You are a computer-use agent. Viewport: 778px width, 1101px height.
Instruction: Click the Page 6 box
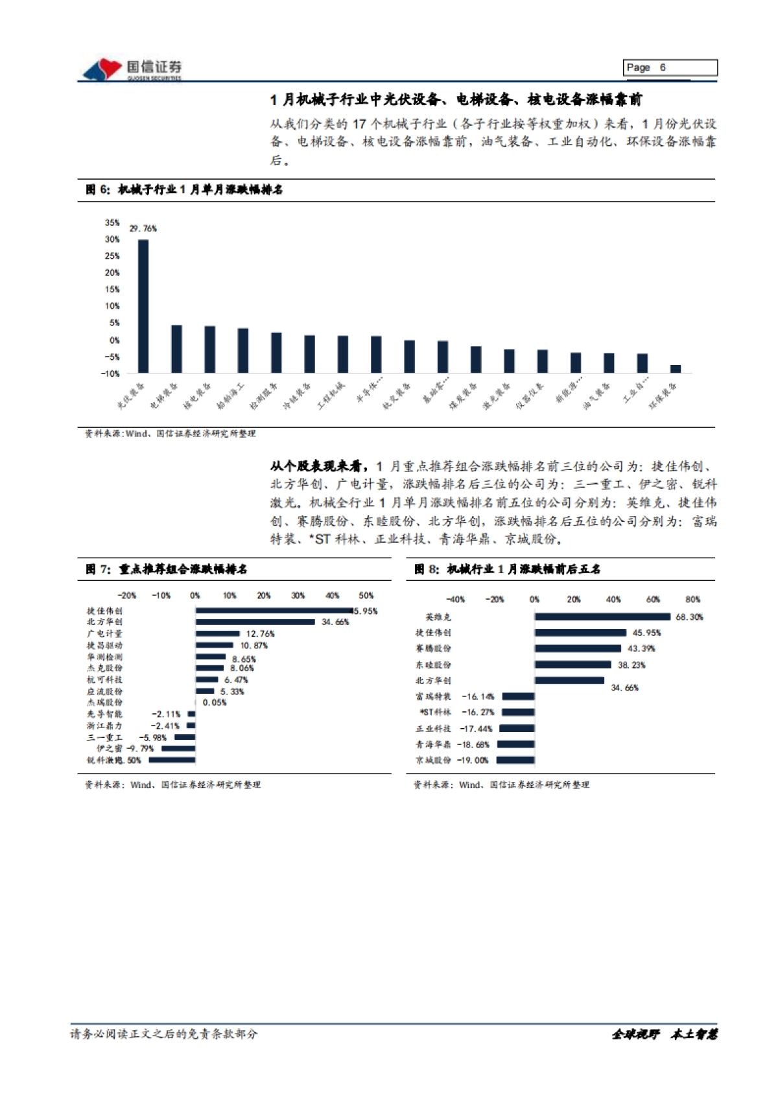pyautogui.click(x=671, y=67)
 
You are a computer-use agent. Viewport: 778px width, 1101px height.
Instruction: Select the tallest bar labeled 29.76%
pyautogui.click(x=143, y=306)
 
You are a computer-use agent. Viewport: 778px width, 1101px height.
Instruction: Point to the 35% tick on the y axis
pyautogui.click(x=112, y=222)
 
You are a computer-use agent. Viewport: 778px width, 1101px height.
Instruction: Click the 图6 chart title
pyautogui.click(x=184, y=189)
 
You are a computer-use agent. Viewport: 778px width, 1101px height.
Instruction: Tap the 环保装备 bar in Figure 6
pyautogui.click(x=676, y=369)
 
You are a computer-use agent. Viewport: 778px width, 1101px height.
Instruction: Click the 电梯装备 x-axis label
pyautogui.click(x=163, y=395)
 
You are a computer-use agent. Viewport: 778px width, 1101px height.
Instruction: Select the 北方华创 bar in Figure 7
pyautogui.click(x=255, y=622)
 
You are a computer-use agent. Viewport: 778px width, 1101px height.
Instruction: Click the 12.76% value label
pyautogui.click(x=260, y=633)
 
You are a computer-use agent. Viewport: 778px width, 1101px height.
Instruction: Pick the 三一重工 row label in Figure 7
pyautogui.click(x=104, y=737)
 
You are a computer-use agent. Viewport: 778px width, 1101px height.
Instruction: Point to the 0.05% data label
pyautogui.click(x=215, y=702)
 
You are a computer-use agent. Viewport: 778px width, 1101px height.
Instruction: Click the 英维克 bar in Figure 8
pyautogui.click(x=602, y=617)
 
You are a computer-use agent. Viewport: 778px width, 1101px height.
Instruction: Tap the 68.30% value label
pyautogui.click(x=689, y=617)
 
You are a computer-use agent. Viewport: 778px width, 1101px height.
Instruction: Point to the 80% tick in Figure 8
pyautogui.click(x=692, y=599)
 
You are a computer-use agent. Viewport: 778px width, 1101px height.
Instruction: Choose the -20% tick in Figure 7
pyautogui.click(x=126, y=595)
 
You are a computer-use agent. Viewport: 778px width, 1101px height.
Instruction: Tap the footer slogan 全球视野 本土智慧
pyautogui.click(x=664, y=1034)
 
